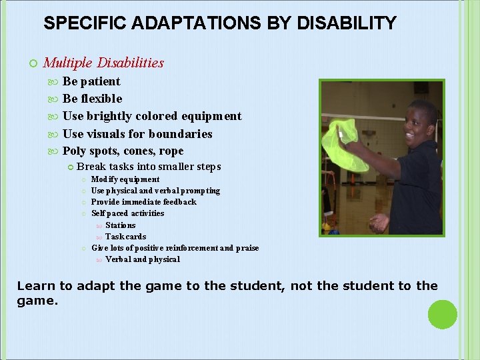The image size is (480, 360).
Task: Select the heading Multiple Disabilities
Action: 103,63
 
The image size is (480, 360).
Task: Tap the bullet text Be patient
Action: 91,81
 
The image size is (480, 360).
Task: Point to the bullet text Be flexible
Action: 92,99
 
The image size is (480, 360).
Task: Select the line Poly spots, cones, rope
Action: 123,151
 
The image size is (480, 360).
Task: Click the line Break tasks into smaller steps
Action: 149,167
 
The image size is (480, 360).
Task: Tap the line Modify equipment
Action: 125,179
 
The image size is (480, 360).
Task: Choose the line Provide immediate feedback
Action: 143,202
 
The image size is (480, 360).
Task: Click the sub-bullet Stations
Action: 120,225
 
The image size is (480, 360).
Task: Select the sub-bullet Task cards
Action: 125,237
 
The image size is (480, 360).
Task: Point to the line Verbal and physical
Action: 142,259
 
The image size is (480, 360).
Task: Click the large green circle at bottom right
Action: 442,315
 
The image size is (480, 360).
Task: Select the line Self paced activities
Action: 127,213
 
